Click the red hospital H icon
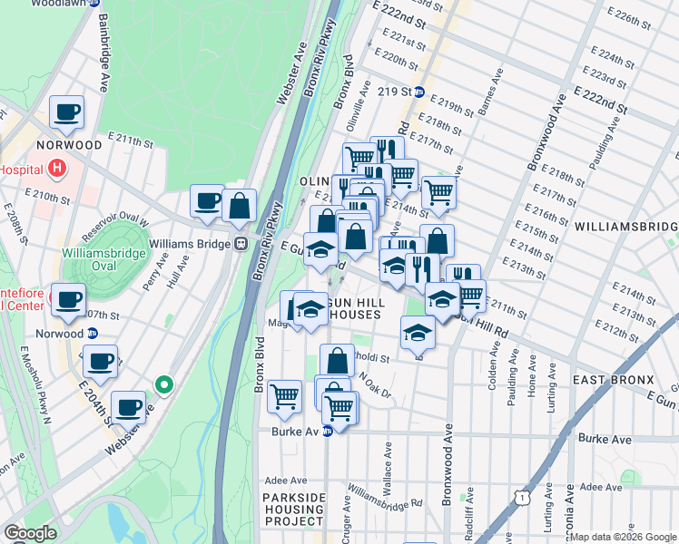point(57,168)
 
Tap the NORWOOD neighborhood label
point(69,145)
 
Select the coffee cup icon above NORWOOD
point(66,113)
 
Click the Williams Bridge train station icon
point(241,243)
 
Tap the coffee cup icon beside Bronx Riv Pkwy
point(207,201)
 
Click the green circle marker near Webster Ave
point(163,385)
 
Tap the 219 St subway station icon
point(418,92)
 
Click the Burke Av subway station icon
point(327,432)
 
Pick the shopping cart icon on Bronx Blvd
point(285,395)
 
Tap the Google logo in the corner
point(30,533)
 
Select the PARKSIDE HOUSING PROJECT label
point(293,510)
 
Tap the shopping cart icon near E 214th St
point(438,192)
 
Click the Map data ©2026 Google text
point(623,537)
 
